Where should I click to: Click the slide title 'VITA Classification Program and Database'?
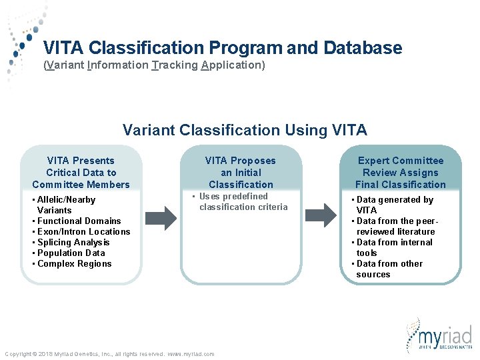pyautogui.click(x=223, y=48)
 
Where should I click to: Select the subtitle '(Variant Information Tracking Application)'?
pyautogui.click(x=154, y=65)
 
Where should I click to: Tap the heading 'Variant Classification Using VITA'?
pyautogui.click(x=245, y=130)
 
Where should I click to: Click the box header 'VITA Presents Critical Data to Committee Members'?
pyautogui.click(x=81, y=172)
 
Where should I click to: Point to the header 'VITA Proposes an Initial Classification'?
pyautogui.click(x=241, y=172)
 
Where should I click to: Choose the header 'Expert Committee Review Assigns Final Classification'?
pyautogui.click(x=400, y=172)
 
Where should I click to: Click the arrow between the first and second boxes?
pyautogui.click(x=161, y=217)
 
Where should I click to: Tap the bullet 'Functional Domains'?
pyautogui.click(x=79, y=221)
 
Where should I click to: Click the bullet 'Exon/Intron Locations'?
pyautogui.click(x=83, y=231)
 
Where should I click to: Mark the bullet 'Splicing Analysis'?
pyautogui.click(x=73, y=242)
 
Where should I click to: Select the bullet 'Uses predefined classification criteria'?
pyautogui.click(x=241, y=201)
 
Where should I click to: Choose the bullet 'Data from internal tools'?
pyautogui.click(x=393, y=247)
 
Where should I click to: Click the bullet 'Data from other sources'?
pyautogui.click(x=389, y=269)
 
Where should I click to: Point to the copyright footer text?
pyautogui.click(x=109, y=354)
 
